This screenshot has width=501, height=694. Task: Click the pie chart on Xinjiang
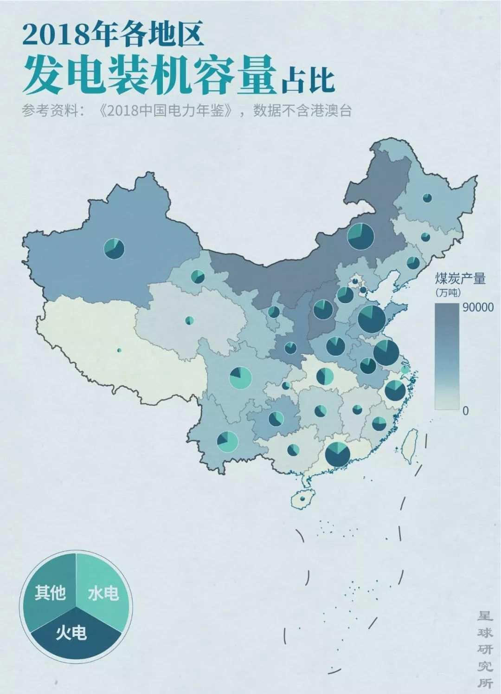[114, 248]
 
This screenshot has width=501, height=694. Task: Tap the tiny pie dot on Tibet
[119, 350]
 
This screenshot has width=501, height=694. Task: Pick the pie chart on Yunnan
[227, 441]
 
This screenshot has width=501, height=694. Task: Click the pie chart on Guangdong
[337, 454]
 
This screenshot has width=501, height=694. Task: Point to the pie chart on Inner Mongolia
[360, 236]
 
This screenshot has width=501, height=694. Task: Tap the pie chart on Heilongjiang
[427, 198]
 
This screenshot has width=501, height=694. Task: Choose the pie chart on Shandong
[372, 318]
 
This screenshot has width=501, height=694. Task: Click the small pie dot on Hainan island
[302, 499]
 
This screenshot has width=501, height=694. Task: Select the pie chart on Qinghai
[189, 320]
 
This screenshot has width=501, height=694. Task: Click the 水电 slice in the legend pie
[103, 592]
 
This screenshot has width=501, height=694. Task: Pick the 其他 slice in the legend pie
[50, 592]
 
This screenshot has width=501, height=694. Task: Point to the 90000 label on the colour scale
[478, 307]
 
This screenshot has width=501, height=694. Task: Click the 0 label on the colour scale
[466, 410]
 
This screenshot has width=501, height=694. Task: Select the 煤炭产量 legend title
[460, 279]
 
